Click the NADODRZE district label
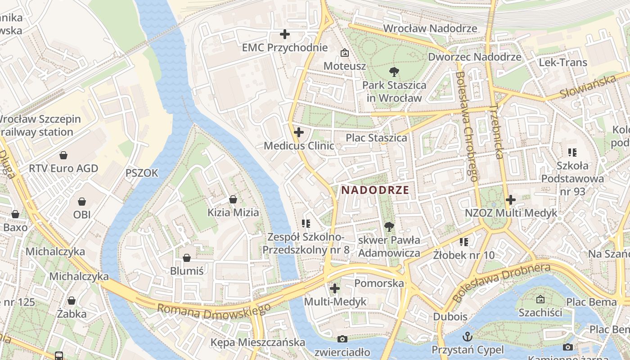point(375,190)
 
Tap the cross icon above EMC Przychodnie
point(284,34)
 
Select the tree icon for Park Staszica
point(394,72)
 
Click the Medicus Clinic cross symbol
point(298,132)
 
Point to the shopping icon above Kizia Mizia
point(233,199)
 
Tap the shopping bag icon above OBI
point(82,201)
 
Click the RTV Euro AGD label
point(63,169)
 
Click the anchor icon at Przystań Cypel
point(468,336)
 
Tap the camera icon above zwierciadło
point(342,339)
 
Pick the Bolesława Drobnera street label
point(502,282)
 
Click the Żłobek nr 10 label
point(464,256)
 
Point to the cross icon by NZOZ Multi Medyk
point(511,199)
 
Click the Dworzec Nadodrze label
point(474,57)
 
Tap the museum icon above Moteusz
point(344,53)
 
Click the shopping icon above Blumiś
point(187,258)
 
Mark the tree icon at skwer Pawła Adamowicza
point(389,227)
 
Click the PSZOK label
point(142,173)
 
